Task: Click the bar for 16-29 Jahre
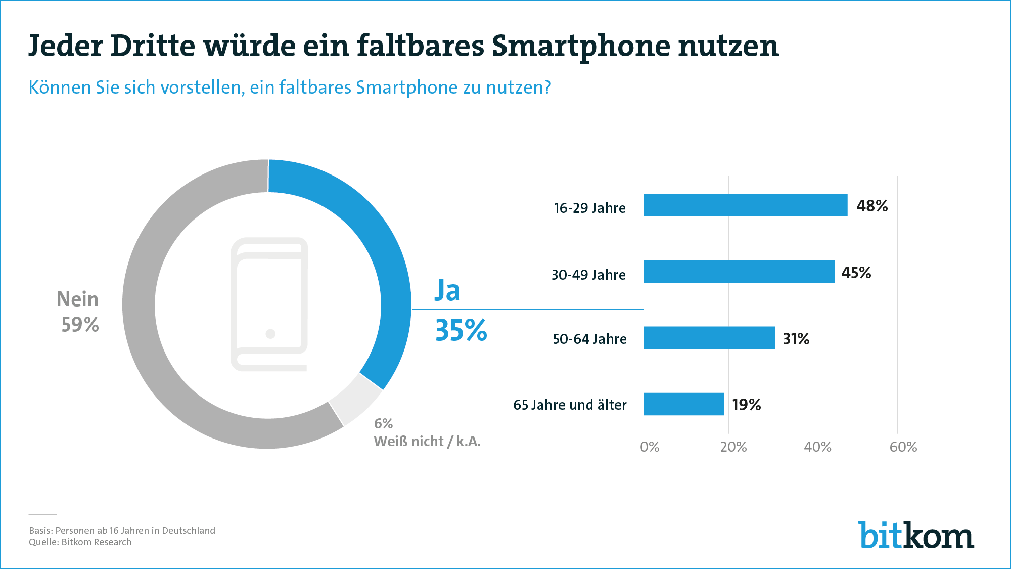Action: [x=745, y=205]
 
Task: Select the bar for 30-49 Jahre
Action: [x=739, y=272]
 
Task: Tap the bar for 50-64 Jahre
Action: [x=709, y=338]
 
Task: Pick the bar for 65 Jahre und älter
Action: [x=683, y=404]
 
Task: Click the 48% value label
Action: [x=872, y=206]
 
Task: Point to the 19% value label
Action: [x=746, y=405]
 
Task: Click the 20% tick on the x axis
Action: [x=733, y=447]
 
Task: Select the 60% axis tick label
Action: [x=903, y=447]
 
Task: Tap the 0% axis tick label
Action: [x=649, y=447]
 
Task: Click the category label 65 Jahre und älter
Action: [x=570, y=405]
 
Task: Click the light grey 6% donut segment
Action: [x=355, y=399]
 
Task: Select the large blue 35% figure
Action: [x=461, y=331]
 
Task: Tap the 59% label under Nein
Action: [x=80, y=325]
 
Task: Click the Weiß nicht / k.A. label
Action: [x=427, y=442]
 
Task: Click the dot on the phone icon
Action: [x=270, y=334]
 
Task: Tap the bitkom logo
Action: [x=915, y=535]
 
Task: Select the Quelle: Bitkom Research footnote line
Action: [x=80, y=542]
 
